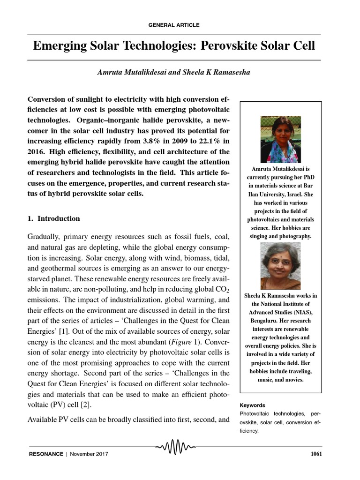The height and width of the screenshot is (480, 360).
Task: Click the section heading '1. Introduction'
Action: [54, 218]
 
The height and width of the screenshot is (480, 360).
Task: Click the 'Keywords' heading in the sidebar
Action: [252, 405]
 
